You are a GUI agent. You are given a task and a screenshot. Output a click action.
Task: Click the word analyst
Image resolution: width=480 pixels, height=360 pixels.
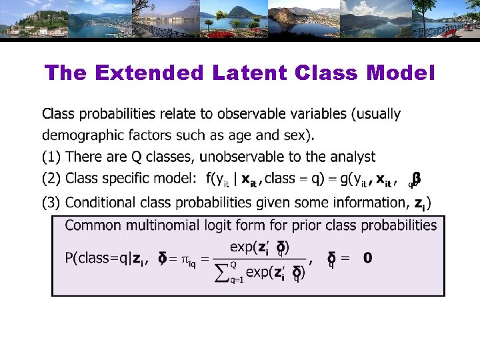click(351, 157)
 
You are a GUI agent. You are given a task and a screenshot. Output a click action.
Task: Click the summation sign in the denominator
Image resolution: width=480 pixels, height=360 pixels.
click(222, 271)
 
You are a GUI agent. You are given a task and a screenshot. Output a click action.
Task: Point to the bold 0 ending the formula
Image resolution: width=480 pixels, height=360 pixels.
click(368, 258)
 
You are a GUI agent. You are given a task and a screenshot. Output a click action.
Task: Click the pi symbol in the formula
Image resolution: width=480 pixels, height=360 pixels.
click(183, 259)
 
